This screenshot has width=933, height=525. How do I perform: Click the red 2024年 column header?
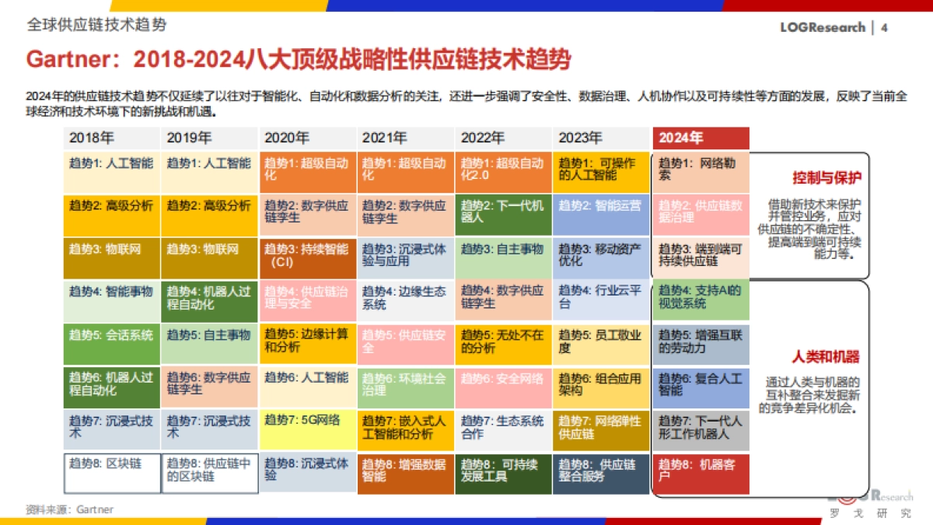coord(701,138)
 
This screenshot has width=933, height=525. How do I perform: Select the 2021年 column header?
coord(405,138)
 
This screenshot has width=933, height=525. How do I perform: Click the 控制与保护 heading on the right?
coord(826,177)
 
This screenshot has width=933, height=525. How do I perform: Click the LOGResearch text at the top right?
coord(823,27)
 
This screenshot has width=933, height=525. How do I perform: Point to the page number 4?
coord(885,27)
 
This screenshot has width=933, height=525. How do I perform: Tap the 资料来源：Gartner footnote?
coord(69,509)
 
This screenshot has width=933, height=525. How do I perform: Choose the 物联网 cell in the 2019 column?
coord(209,257)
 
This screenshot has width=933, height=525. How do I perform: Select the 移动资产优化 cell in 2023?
coord(601,257)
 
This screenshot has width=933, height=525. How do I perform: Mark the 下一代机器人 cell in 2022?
coord(503,214)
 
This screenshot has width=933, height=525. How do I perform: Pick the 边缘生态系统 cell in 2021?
coord(405,300)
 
